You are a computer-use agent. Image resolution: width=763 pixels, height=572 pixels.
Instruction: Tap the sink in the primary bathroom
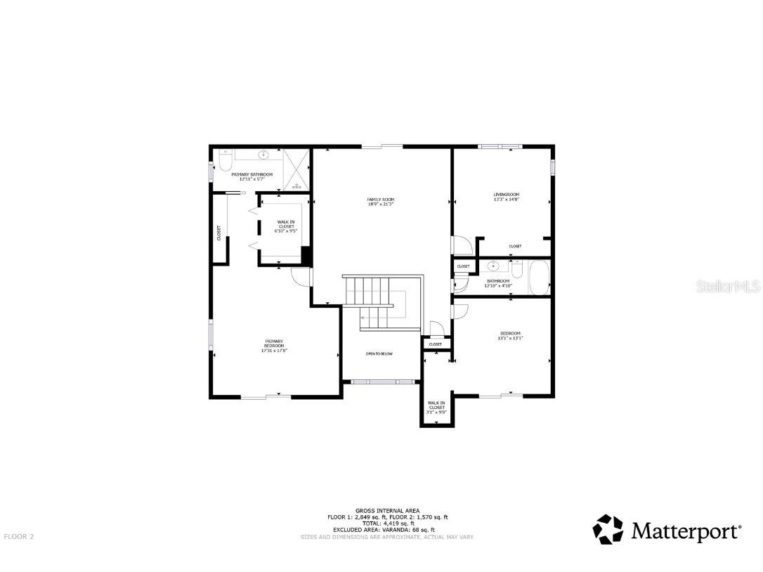(x=265, y=155)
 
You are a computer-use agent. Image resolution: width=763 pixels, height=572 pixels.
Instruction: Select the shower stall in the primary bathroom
(x=297, y=171)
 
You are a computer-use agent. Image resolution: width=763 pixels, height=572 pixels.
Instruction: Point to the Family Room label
(x=380, y=202)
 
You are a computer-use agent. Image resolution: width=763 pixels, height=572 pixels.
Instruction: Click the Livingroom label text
(x=506, y=197)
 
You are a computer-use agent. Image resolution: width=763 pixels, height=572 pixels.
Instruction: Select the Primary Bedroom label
(x=274, y=345)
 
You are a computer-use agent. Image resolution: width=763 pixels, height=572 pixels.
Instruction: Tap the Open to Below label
(x=379, y=353)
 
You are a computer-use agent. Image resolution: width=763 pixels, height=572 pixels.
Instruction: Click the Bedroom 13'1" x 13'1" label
(x=510, y=335)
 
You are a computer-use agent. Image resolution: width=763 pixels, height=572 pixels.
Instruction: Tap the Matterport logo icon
(x=608, y=529)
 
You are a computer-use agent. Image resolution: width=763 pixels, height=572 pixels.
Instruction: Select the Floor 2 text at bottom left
(x=19, y=536)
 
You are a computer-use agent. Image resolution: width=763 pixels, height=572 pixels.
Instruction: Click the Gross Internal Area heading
(x=387, y=510)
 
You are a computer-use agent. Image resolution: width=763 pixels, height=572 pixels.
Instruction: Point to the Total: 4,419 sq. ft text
(x=387, y=524)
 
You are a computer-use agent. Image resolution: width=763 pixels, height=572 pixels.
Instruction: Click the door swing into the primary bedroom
(x=301, y=276)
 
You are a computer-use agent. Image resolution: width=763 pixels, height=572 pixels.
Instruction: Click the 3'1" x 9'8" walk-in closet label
(x=436, y=408)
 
